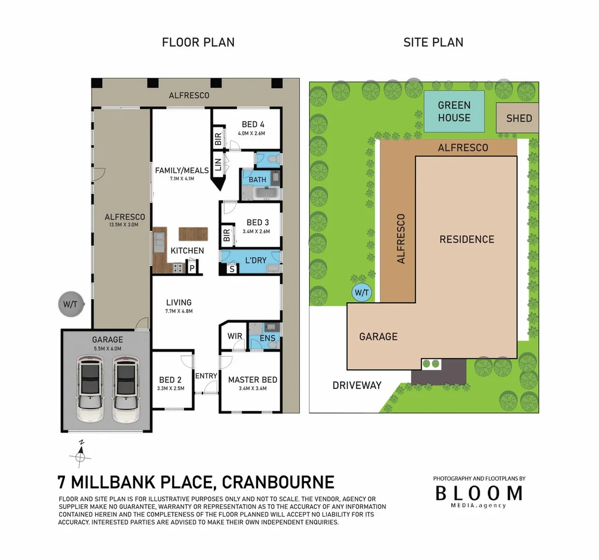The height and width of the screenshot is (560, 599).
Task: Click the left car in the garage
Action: coord(90,385)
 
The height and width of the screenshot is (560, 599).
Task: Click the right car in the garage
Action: coord(126,385)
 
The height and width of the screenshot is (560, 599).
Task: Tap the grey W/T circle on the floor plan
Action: coord(71,304)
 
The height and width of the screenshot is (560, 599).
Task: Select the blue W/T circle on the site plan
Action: coord(361,293)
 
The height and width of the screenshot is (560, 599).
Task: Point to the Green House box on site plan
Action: coord(454,111)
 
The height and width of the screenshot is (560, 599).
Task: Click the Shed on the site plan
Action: coord(518,118)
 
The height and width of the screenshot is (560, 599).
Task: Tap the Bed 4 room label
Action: coord(253,124)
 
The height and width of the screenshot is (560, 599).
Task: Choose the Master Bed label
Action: coord(253,380)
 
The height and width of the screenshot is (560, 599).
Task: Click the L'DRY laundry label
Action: coord(256,260)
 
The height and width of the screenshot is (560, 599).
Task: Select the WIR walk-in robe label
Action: coord(235,336)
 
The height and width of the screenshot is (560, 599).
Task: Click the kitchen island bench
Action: coord(193,234)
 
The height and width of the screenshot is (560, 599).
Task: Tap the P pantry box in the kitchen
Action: coord(191,268)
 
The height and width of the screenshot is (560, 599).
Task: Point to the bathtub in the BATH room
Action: coord(266,194)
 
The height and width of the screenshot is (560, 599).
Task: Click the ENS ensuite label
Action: coord(268,339)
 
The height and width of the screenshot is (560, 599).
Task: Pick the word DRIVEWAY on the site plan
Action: coord(357,385)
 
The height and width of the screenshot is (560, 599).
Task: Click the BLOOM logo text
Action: coord(478,493)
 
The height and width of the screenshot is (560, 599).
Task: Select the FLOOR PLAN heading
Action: coord(198,43)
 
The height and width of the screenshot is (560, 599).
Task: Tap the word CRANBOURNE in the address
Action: coord(278,482)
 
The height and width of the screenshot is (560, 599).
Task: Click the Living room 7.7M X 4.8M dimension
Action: coord(179,312)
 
